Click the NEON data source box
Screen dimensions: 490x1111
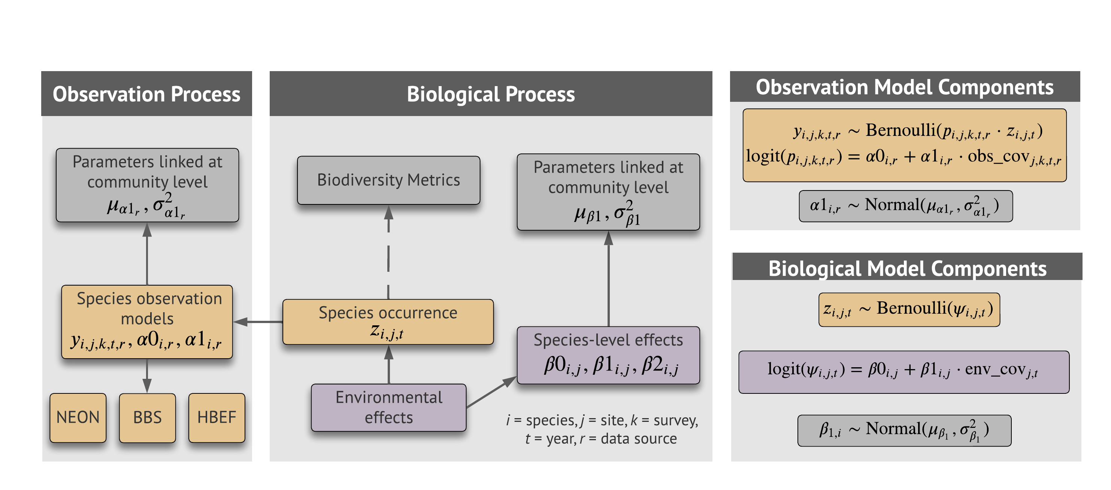point(78,417)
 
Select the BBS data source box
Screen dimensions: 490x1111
point(147,417)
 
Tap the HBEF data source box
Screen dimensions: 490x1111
point(217,417)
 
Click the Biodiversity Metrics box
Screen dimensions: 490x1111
point(388,180)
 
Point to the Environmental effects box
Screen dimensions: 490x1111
point(388,407)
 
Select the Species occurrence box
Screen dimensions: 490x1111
point(388,322)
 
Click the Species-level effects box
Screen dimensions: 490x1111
point(608,354)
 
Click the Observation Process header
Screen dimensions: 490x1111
point(146,94)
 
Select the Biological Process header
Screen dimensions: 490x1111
point(490,94)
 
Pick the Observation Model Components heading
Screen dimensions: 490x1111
point(904,87)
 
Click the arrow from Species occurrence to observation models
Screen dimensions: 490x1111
point(258,322)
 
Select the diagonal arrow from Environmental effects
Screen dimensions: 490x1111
point(492,392)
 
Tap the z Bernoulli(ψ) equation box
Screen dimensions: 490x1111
point(909,310)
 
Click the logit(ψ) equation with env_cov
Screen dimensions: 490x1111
point(903,371)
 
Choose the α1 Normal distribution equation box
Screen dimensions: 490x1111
point(905,206)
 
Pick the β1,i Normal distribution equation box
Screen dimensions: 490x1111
point(904,430)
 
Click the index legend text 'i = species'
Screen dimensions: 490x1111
point(542,420)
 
